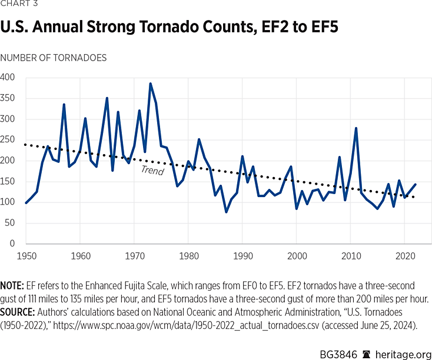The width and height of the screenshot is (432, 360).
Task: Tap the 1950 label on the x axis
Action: point(26,256)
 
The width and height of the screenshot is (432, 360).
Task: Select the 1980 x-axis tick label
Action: point(188,256)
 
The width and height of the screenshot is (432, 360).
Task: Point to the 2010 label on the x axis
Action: point(351,256)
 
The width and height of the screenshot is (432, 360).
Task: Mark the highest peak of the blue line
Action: point(150,84)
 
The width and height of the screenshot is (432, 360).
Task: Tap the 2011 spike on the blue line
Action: point(356,128)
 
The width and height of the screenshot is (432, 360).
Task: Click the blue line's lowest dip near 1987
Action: point(226,212)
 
